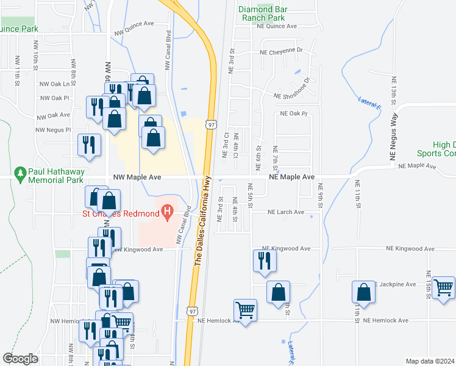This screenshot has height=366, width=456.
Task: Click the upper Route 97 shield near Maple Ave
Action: (210, 124)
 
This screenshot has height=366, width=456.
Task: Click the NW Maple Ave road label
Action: (137, 177)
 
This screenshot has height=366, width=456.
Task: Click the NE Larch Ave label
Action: (287, 212)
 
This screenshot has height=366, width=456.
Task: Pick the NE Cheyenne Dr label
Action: (281, 50)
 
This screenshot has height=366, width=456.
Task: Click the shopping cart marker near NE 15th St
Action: (443, 288)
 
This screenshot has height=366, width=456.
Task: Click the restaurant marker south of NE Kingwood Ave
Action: (265, 261)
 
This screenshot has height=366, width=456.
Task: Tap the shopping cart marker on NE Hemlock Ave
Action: (246, 310)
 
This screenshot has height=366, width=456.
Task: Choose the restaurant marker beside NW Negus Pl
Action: (89, 145)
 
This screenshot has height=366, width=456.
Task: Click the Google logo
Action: (20, 359)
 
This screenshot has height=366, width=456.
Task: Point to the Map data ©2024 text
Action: (430, 361)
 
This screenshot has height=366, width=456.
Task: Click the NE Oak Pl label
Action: (294, 113)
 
